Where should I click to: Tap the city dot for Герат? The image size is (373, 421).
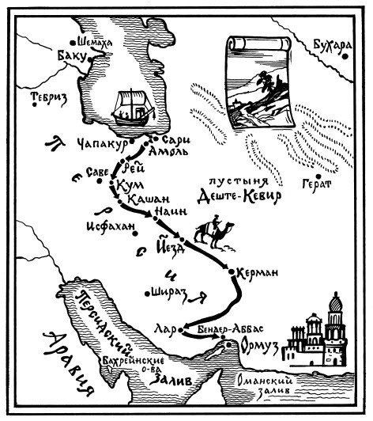(x=316, y=176)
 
